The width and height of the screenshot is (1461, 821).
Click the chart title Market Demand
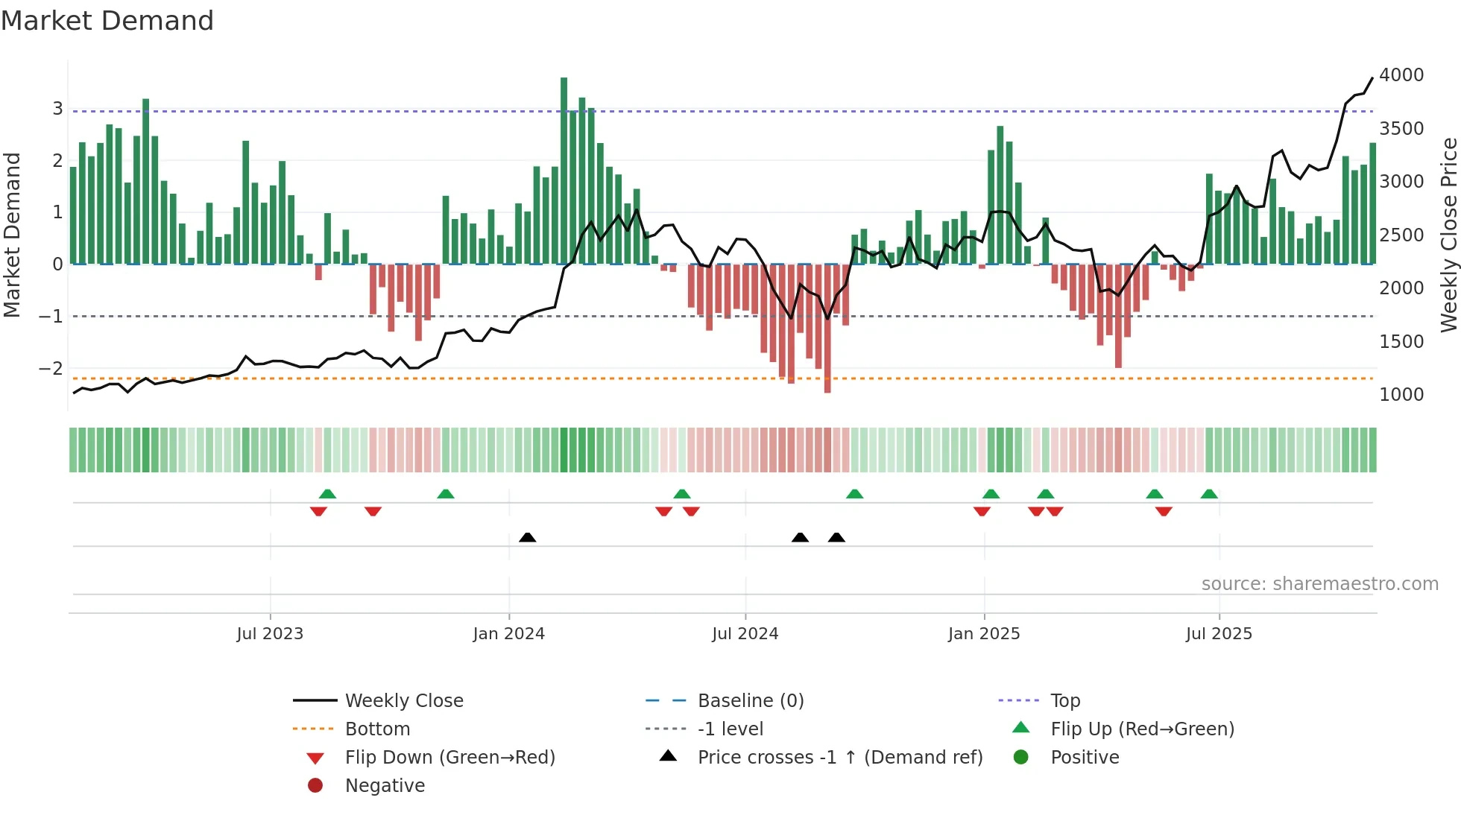[107, 21]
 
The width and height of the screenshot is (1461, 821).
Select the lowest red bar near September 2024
[827, 328]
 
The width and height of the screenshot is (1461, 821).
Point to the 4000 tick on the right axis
[1401, 75]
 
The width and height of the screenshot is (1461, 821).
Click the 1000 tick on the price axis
[1401, 395]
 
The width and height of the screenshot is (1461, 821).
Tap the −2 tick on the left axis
[51, 369]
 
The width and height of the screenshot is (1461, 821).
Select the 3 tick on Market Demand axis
[57, 109]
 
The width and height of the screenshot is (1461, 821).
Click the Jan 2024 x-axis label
[508, 634]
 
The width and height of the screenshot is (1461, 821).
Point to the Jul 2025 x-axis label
[1219, 634]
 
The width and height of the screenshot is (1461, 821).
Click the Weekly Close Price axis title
[1448, 235]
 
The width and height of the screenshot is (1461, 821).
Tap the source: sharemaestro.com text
[1319, 584]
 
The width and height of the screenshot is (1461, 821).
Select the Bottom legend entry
[377, 729]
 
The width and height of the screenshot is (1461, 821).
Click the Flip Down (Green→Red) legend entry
[449, 758]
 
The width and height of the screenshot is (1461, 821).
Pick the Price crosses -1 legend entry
[839, 758]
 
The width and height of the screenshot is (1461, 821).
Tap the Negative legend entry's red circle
[315, 786]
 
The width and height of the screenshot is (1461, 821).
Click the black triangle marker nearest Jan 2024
[527, 537]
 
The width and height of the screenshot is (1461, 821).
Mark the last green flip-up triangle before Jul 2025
[1209, 494]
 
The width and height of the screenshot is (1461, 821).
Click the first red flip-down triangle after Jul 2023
[318, 511]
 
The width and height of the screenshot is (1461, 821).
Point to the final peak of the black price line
[1372, 78]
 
